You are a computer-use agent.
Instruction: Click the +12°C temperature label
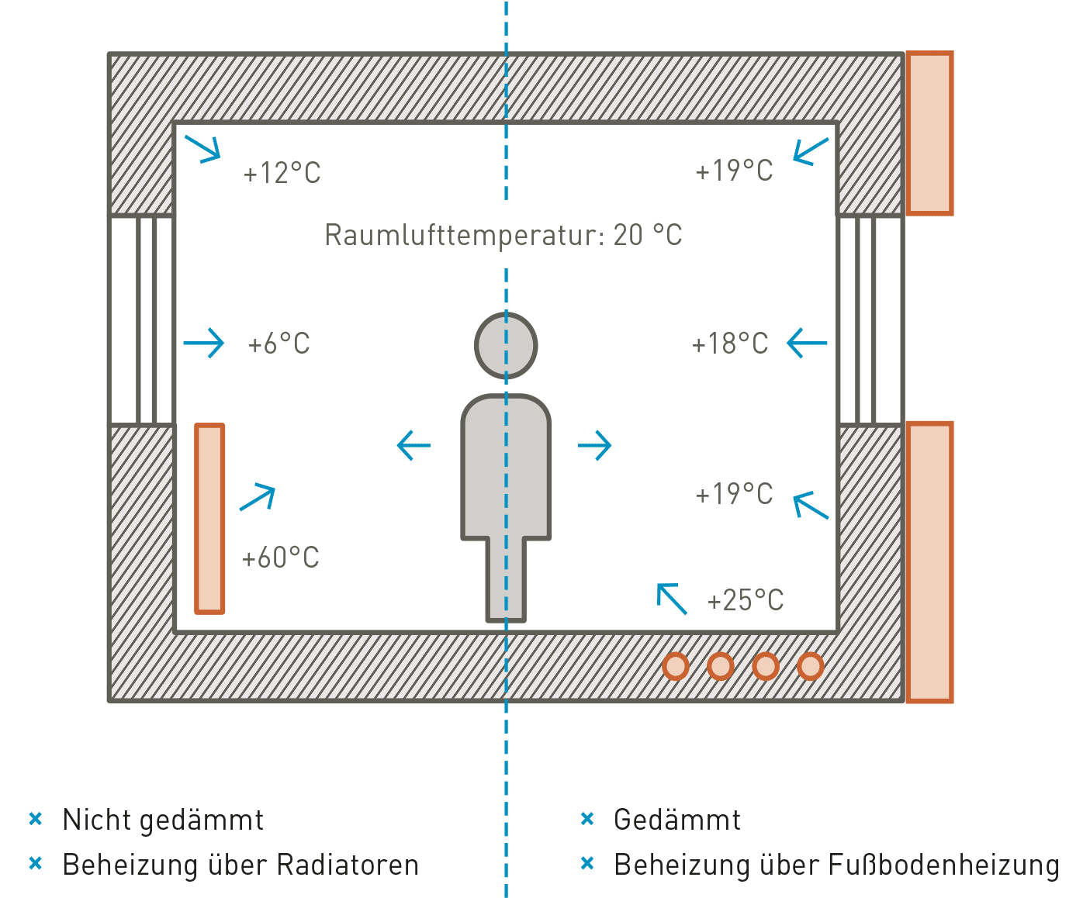point(282,173)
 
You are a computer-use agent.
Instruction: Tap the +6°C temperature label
point(279,344)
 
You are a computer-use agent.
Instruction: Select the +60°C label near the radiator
point(280,558)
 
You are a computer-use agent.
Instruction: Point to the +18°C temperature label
point(729,344)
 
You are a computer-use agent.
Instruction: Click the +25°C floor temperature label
point(745,600)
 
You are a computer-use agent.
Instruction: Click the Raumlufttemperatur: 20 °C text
point(503,235)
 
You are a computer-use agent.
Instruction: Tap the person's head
point(506,345)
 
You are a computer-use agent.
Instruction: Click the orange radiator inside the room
point(209,518)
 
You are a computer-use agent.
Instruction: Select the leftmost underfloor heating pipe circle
point(676,666)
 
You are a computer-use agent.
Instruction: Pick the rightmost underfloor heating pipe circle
point(810,666)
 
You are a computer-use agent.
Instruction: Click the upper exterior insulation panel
point(929,133)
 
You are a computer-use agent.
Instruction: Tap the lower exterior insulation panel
point(929,562)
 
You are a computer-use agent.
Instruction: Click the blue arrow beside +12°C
point(203,148)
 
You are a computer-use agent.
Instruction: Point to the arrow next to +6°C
point(204,343)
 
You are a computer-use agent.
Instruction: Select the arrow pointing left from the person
point(413,445)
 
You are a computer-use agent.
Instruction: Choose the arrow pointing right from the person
point(595,445)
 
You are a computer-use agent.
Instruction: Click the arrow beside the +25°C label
point(672,599)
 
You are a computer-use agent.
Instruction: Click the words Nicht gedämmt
point(163,820)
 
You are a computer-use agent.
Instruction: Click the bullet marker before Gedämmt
point(587,819)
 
